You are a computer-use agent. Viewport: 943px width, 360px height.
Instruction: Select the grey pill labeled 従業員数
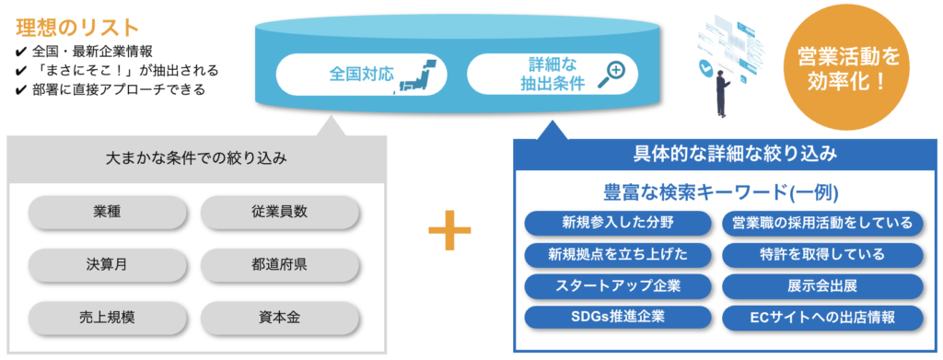pos(280,212)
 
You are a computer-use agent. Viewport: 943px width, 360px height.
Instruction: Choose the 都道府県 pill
pos(280,264)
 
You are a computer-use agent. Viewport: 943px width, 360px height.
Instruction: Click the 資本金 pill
pos(280,318)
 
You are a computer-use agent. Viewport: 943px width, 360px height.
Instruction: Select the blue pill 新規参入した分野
pos(619,223)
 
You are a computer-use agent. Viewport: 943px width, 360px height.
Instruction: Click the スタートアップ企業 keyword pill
pos(619,286)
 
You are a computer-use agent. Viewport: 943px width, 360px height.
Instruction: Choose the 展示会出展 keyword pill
pos(822,286)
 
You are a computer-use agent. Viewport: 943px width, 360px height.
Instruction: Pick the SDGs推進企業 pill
pos(619,318)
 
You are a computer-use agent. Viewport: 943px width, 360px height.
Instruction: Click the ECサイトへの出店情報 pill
pos(822,318)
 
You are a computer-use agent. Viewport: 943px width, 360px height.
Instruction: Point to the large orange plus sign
pos(449,229)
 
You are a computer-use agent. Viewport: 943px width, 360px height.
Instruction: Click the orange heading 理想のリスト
pos(77,27)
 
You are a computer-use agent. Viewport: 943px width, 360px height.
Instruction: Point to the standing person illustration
pos(722,90)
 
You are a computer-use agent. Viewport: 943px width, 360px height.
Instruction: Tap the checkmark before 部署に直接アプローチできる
pos(20,90)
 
